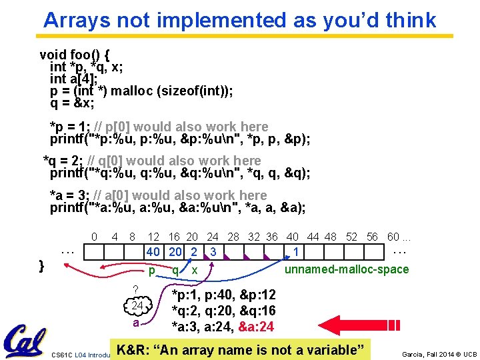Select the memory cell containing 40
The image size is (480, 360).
click(153, 253)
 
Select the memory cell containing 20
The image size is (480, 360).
click(175, 253)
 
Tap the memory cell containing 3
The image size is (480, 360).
click(212, 253)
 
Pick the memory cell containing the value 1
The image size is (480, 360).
click(296, 253)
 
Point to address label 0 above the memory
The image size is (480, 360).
click(94, 237)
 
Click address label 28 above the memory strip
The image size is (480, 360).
click(233, 237)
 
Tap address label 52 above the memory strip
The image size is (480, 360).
click(351, 237)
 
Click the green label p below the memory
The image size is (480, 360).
click(152, 270)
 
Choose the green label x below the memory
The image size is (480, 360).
click(194, 270)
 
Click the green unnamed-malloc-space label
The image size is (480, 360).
click(346, 269)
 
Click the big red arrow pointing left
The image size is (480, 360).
click(374, 325)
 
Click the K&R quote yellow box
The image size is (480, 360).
click(241, 349)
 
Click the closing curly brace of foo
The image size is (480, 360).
click(41, 265)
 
